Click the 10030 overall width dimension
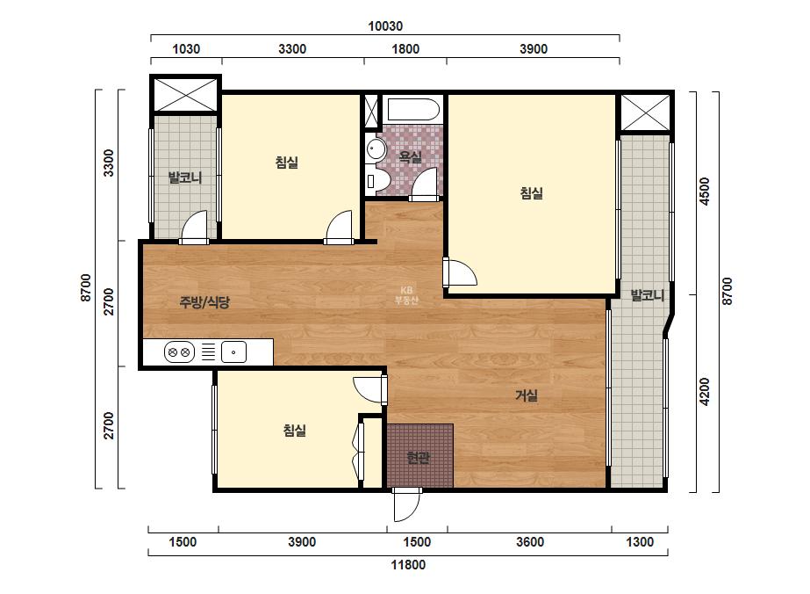(385, 25)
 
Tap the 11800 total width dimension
(407, 564)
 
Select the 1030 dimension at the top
(186, 49)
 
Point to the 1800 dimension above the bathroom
(405, 49)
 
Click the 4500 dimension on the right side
(705, 192)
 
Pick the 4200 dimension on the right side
(705, 392)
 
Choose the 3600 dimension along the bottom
(530, 542)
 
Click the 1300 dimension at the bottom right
(640, 542)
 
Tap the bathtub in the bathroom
(413, 110)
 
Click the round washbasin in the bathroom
(376, 149)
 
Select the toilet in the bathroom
(377, 182)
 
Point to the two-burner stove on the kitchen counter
(179, 352)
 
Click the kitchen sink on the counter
(233, 352)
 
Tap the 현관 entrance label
(418, 458)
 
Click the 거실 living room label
(527, 395)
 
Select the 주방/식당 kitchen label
(204, 302)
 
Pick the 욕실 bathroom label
(411, 156)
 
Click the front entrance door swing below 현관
(407, 505)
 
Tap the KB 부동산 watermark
(406, 295)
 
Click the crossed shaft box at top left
(186, 94)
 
